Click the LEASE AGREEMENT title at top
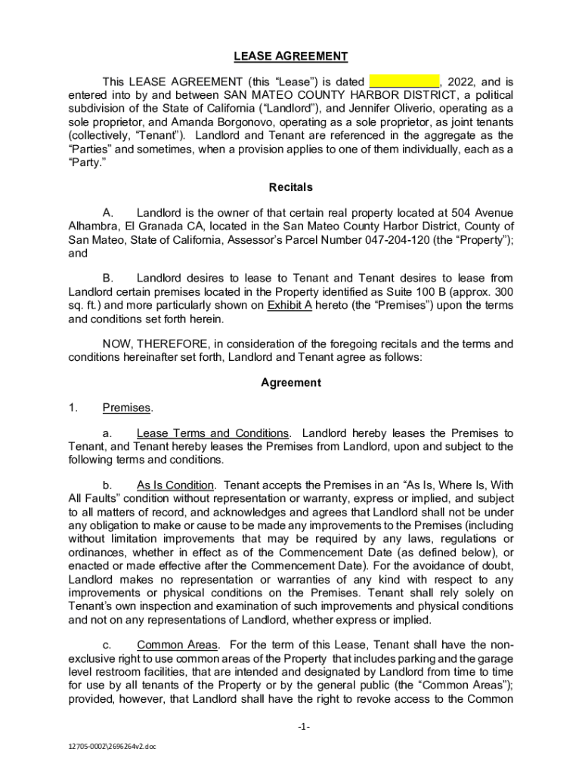(x=290, y=57)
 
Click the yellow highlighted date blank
(x=404, y=82)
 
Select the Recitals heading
(x=290, y=186)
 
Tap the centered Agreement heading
(x=290, y=383)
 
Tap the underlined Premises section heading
(x=126, y=408)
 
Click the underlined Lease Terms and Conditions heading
(x=212, y=433)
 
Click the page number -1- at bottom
(x=290, y=727)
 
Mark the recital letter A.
(x=107, y=213)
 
